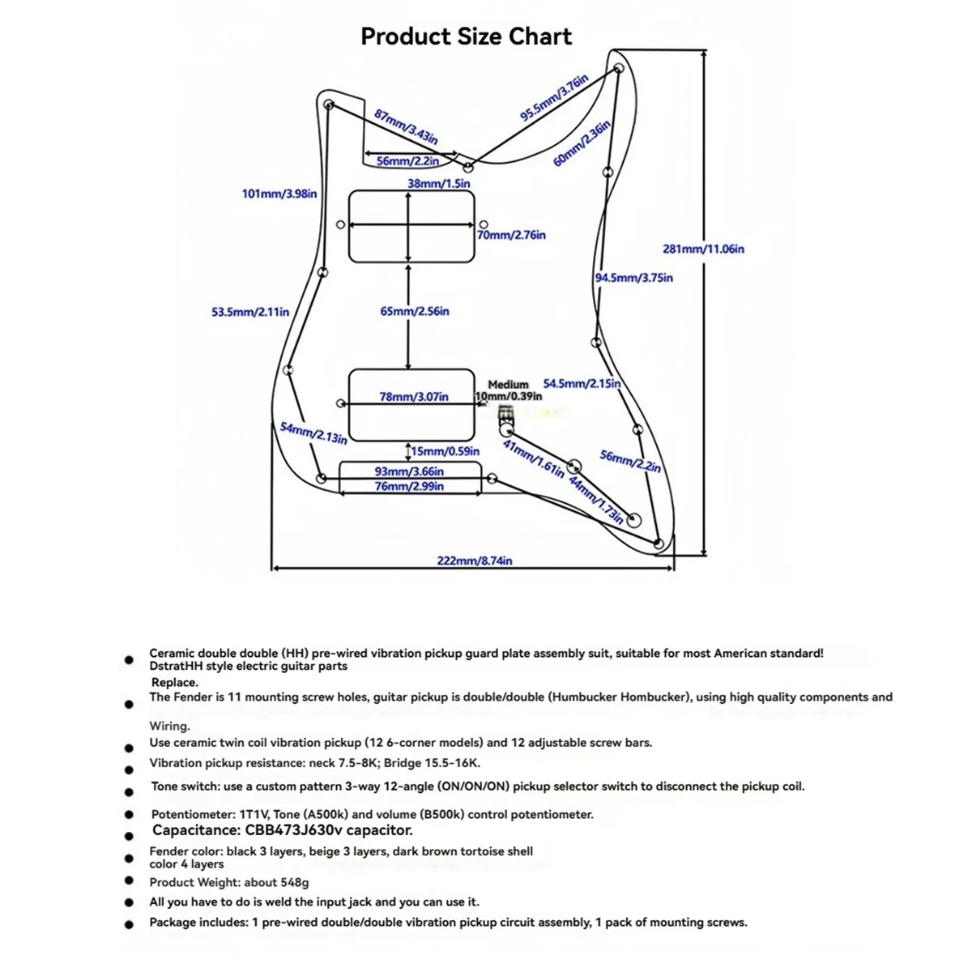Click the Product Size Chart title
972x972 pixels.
pos(466,36)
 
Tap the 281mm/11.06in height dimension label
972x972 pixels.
pos(703,249)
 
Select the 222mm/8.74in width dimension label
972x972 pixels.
pos(475,561)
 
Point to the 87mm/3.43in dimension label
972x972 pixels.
pos(406,126)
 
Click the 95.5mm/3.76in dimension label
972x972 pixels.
pos(554,97)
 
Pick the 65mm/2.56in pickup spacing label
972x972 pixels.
pos(415,311)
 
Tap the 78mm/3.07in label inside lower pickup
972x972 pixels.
pos(414,397)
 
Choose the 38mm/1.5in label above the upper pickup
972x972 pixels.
pos(439,184)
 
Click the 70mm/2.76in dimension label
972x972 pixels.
pos(511,235)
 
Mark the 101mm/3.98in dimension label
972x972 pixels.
pos(279,194)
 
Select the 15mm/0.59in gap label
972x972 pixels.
pos(445,451)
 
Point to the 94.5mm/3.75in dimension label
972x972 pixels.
pos(633,278)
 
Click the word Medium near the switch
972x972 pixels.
pos(508,385)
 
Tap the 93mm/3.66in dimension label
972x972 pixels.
pos(409,471)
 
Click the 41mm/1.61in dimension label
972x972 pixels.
pos(534,459)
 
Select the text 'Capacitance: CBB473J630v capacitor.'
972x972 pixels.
pos(283,830)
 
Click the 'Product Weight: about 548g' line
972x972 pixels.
pos(229,883)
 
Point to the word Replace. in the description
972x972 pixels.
pos(174,683)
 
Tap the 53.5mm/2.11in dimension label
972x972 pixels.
pos(250,312)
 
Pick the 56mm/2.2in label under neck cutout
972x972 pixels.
pos(407,161)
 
